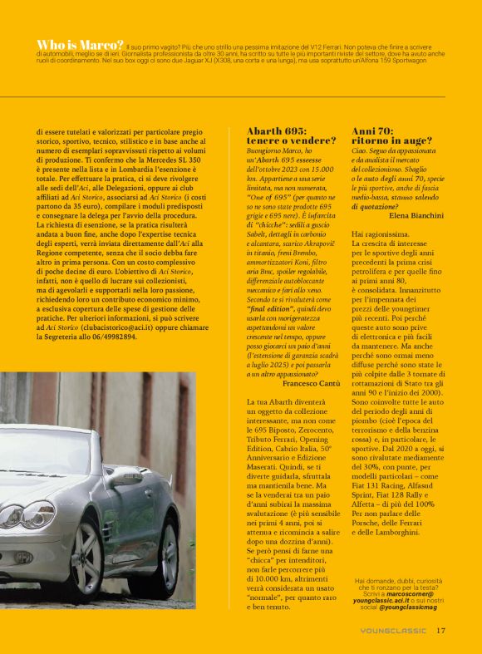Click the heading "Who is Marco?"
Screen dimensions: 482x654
[x=81, y=44]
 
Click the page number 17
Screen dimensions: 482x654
[x=441, y=630]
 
